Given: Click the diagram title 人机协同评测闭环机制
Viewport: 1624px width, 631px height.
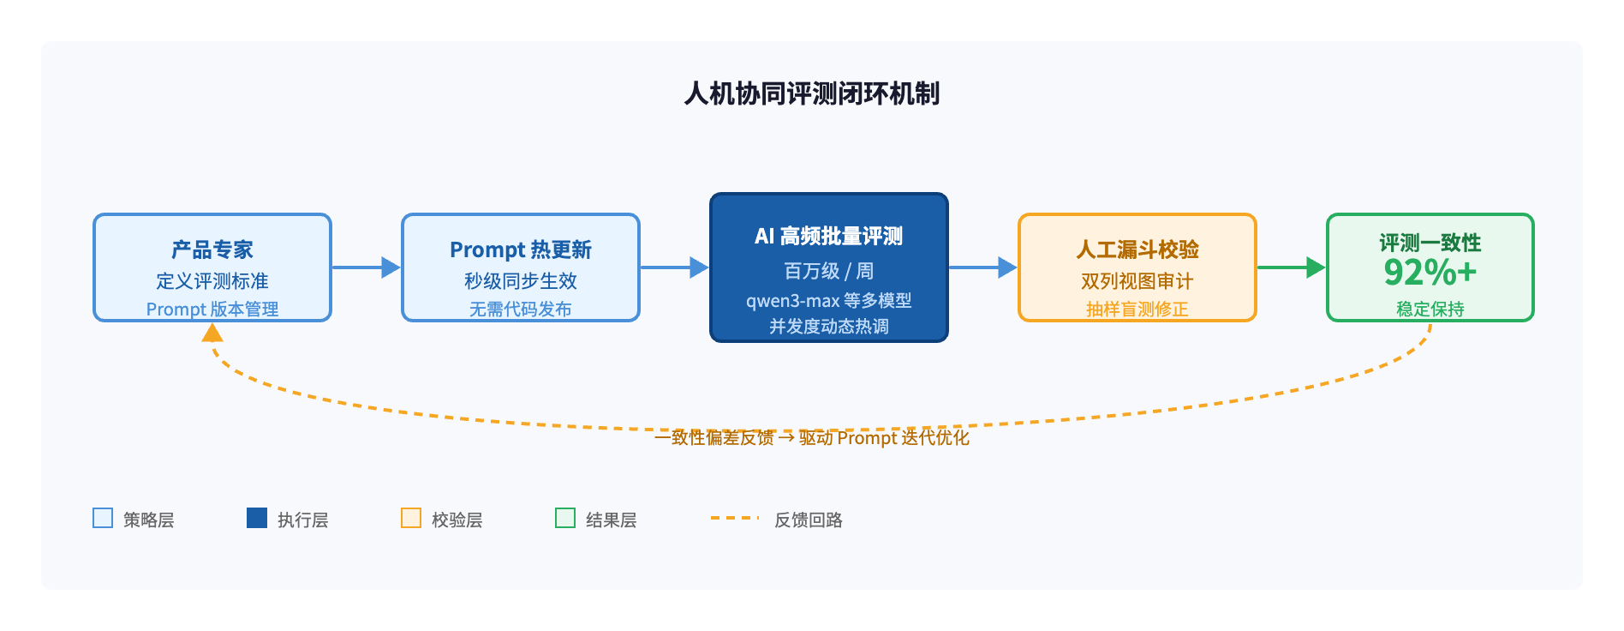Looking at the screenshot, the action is tap(812, 93).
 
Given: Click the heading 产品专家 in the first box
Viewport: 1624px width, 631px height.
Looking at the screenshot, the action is tap(212, 249).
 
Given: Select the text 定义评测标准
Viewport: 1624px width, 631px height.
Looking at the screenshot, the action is tap(212, 281).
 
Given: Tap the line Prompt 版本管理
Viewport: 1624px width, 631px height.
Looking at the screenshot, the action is tap(212, 309).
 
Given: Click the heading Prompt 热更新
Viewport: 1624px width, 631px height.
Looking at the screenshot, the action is tap(521, 249).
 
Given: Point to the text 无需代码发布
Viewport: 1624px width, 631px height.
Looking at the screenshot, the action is tap(521, 309).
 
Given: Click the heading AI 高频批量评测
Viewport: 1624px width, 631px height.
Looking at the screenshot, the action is tap(829, 236).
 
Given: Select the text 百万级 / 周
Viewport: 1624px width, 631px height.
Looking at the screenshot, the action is tap(829, 271).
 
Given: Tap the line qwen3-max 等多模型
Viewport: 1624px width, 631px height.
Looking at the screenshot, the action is tap(829, 300).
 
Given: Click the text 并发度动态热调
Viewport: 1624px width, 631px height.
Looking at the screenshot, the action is tap(829, 326).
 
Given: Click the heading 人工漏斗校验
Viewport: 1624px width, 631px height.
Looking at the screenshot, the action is tap(1137, 249).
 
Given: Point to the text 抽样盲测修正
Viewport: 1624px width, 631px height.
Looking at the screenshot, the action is tap(1137, 309).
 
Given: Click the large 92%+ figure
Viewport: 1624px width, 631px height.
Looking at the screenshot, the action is tap(1430, 273).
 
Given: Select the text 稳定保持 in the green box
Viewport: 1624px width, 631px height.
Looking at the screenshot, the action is tap(1430, 309).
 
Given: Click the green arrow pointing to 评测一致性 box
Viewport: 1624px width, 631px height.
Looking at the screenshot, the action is tap(1292, 267).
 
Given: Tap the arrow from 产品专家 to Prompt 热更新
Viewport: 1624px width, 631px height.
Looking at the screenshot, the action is tap(367, 267).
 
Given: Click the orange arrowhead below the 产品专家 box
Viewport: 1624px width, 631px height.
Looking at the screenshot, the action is tap(212, 333).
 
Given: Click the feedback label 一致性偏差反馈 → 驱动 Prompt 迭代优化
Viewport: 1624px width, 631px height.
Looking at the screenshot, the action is tap(812, 437).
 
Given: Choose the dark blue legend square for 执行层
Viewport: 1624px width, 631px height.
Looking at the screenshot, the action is tap(257, 518).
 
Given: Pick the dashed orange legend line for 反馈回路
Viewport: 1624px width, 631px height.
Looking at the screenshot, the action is tap(735, 518).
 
